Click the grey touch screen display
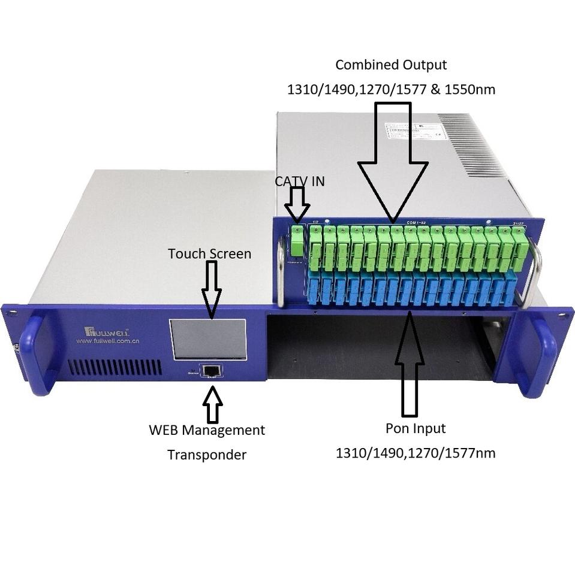[x=207, y=339]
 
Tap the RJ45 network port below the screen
[x=211, y=370]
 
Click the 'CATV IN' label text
[x=300, y=181]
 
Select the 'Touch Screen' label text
[x=209, y=253]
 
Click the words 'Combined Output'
[x=391, y=65]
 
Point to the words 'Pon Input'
[x=416, y=429]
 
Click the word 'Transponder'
[x=206, y=455]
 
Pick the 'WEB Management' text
[x=206, y=430]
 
